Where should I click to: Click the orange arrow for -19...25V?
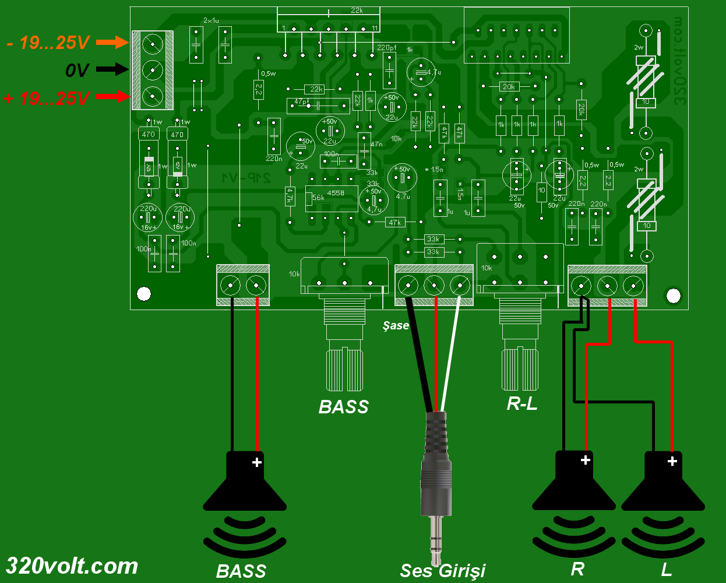point(112,42)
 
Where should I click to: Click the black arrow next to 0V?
point(112,69)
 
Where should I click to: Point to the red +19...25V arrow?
point(112,96)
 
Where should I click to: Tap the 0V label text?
point(77,71)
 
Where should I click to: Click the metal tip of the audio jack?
point(436,536)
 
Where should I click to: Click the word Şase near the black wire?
point(396,325)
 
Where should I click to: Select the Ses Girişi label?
point(442,571)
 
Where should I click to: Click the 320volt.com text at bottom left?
point(72,566)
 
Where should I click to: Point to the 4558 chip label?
point(335,193)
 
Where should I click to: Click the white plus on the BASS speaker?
point(256,462)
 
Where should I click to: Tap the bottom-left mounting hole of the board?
point(144,294)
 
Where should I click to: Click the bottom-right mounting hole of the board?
point(673,296)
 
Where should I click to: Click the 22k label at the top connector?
point(357,11)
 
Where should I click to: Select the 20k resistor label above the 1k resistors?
point(509,86)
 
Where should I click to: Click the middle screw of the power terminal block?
point(152,69)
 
